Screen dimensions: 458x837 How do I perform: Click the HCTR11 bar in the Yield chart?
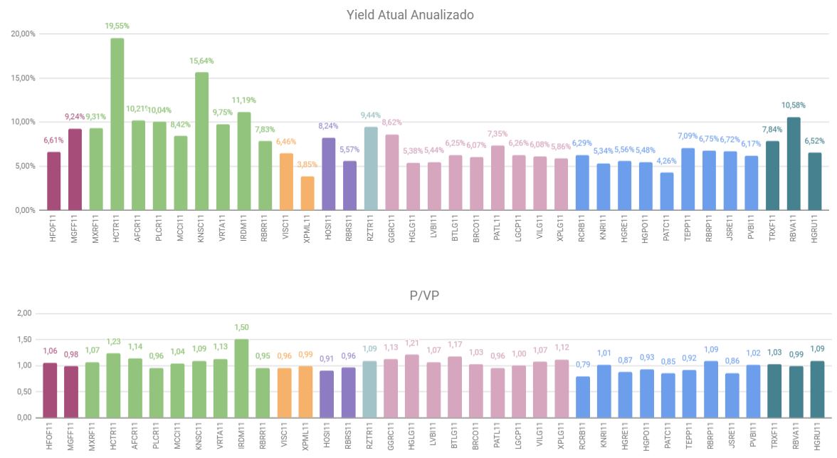pyautogui.click(x=117, y=125)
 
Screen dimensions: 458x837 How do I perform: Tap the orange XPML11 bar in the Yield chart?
pyautogui.click(x=307, y=193)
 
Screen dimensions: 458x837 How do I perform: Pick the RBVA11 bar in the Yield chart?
pyautogui.click(x=794, y=164)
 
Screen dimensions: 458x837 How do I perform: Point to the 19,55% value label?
pyautogui.click(x=117, y=26)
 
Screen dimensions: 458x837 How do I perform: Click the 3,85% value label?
pyautogui.click(x=307, y=165)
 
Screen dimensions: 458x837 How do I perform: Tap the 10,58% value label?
pyautogui.click(x=794, y=105)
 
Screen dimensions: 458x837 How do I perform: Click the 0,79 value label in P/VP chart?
pyautogui.click(x=582, y=364)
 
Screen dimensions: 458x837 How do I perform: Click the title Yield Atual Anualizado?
pyautogui.click(x=410, y=14)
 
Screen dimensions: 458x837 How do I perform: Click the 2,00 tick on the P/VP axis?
pyautogui.click(x=23, y=313)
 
